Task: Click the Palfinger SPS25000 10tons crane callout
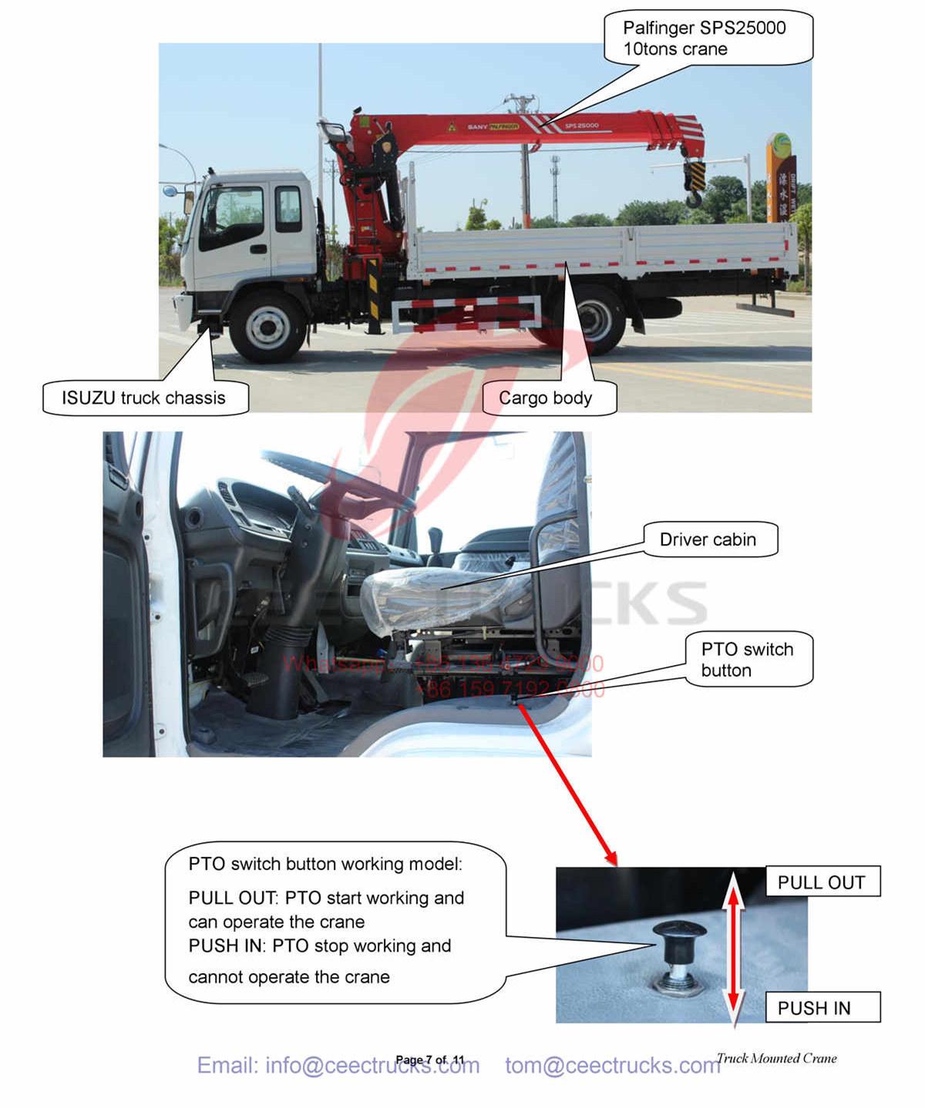(706, 39)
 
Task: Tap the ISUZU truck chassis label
(145, 398)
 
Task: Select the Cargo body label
(546, 398)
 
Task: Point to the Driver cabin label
(708, 539)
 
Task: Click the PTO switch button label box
(747, 660)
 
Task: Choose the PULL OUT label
(822, 882)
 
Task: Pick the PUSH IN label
(815, 1008)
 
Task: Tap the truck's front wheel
(268, 325)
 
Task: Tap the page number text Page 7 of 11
(430, 1059)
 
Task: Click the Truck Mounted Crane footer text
(776, 1058)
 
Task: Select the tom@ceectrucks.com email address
(613, 1066)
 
